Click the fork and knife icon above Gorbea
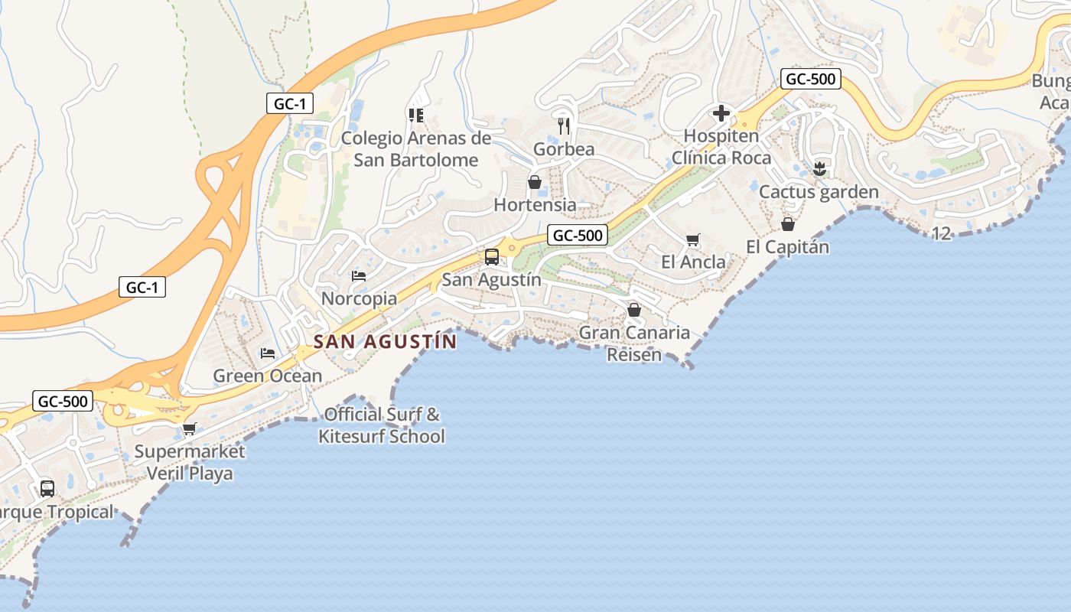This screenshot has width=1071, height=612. (565, 125)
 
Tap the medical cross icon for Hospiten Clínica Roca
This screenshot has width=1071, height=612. (721, 114)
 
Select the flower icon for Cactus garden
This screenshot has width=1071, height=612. (819, 169)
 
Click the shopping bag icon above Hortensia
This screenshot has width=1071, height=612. (535, 182)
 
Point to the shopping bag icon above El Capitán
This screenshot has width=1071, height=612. (788, 224)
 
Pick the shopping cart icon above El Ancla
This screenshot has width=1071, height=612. (693, 240)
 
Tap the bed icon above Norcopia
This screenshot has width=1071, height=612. (359, 275)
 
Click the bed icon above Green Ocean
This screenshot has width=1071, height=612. (267, 353)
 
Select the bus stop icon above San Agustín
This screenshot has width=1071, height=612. (491, 257)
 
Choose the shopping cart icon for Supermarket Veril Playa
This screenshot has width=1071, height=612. (189, 428)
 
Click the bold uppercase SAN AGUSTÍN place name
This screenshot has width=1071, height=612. (385, 341)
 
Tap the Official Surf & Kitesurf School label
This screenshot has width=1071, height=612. (382, 425)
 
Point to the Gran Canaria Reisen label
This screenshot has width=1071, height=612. (634, 343)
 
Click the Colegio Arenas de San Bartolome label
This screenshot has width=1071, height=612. (415, 149)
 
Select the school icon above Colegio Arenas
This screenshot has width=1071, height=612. (415, 115)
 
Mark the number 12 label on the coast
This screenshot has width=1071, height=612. (942, 234)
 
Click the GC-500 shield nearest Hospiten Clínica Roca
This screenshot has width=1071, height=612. (811, 79)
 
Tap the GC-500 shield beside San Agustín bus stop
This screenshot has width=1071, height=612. (578, 236)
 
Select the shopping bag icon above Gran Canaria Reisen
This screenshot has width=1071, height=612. (633, 310)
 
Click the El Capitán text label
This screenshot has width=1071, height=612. (787, 247)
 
